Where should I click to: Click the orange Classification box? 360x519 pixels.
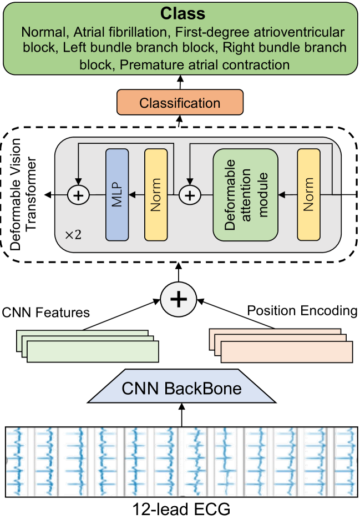[x=179, y=103]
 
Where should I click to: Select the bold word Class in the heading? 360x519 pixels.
[x=180, y=14]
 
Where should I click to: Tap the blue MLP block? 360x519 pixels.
[x=117, y=194]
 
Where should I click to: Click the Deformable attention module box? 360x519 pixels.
[x=245, y=194]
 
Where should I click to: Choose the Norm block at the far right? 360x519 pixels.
[x=309, y=194]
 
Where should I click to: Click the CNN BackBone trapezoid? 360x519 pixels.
[x=181, y=388]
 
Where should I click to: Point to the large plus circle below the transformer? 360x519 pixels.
[x=179, y=300]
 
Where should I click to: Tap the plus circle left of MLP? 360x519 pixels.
[x=78, y=195]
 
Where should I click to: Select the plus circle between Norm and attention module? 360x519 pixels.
[x=190, y=195]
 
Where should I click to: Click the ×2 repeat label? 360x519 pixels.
[x=73, y=234]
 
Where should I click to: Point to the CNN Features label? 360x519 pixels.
[x=45, y=313]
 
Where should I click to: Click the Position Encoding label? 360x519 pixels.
[x=302, y=311]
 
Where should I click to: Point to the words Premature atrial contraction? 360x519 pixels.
[x=205, y=64]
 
